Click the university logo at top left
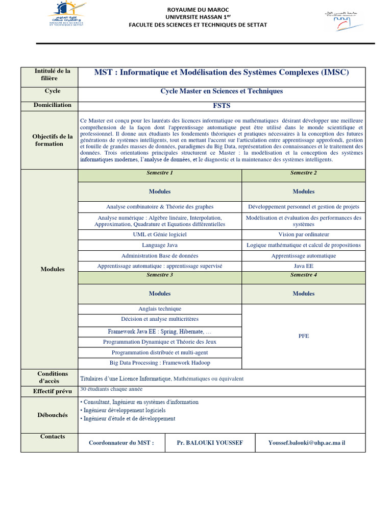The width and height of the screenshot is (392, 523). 68,16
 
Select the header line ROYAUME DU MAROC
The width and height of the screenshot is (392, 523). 198,10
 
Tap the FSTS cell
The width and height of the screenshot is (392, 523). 222,106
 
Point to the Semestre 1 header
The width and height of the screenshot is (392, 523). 160,173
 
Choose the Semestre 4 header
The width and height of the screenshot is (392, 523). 304,275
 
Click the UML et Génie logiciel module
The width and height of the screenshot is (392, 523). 160,234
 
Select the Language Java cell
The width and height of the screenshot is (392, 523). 160,245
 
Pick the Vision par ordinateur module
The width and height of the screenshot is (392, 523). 304,234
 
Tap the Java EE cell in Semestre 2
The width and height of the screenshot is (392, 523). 304,266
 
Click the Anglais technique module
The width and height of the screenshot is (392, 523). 160,309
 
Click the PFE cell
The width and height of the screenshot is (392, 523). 304,336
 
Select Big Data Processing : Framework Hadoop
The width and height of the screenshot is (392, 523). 160,363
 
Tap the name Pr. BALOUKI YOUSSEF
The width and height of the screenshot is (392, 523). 210,443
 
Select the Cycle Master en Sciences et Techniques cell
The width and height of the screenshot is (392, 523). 222,91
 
